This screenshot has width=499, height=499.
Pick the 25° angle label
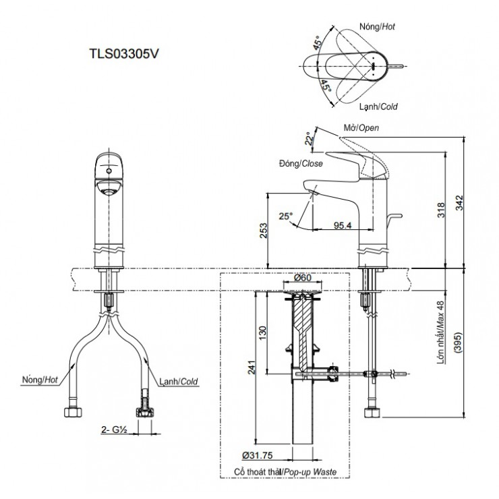coord(287,216)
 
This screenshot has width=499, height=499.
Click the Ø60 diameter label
coord(301,278)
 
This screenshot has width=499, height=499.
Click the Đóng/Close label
coord(300,163)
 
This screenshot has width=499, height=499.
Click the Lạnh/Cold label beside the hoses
coord(179,379)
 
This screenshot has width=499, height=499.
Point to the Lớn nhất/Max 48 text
coord(442,334)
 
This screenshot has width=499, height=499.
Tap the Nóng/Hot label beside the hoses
coord(40,380)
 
